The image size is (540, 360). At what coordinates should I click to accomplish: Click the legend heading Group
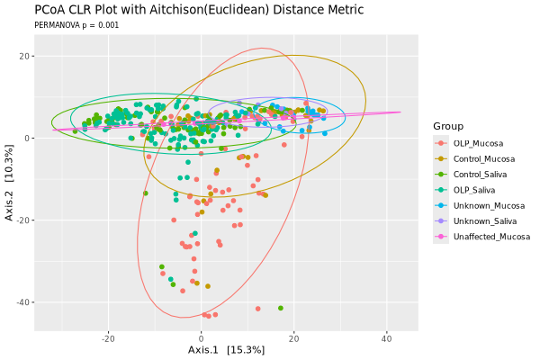(x=448, y=126)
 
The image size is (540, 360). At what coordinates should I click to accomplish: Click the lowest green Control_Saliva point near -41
(x=281, y=308)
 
